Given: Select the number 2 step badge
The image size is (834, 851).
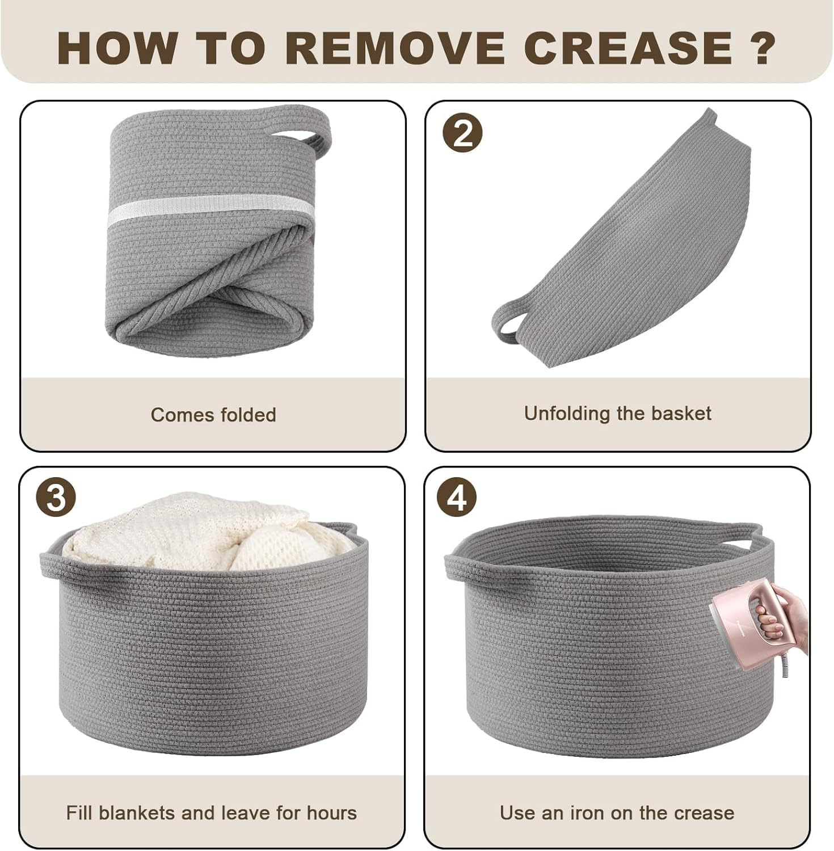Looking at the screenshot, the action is [462, 134].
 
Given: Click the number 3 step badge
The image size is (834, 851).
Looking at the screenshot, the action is [56, 500].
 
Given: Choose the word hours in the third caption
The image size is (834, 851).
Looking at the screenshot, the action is [332, 813].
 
